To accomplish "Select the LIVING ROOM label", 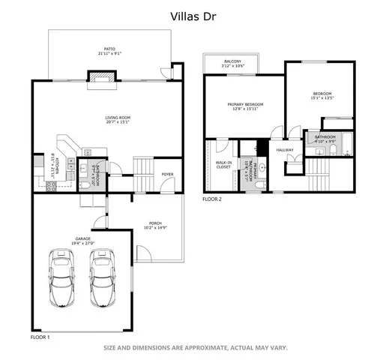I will [x=117, y=118].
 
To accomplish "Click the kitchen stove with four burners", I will [x=52, y=187].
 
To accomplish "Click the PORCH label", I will [x=156, y=224].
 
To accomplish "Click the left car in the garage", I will [x=61, y=277].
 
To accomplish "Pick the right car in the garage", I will [x=102, y=277].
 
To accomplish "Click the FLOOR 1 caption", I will [x=40, y=337].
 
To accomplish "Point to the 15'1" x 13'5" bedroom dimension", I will [x=322, y=97].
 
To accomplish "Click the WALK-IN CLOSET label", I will [x=223, y=164].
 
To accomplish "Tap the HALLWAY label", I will [x=285, y=150].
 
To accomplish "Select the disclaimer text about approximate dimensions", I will [x=195, y=347].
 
